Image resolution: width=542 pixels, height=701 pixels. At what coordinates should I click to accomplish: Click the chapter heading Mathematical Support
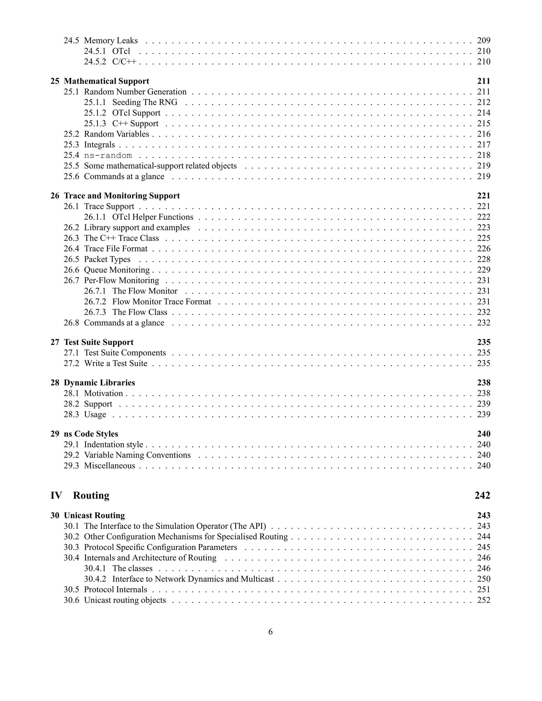(x=106, y=81)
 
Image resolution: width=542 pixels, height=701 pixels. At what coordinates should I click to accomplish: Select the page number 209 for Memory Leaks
(x=484, y=40)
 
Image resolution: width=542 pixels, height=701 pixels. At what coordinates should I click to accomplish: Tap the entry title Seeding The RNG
(x=144, y=102)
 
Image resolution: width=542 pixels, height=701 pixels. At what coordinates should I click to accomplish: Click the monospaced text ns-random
(x=108, y=156)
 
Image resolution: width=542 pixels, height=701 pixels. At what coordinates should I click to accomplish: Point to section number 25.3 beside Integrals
(x=71, y=145)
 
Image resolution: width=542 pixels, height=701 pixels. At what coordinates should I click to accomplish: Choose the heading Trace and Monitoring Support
(x=122, y=196)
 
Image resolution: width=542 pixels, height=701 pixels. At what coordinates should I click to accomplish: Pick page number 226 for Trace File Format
(x=484, y=249)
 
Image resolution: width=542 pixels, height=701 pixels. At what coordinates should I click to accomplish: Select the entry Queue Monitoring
(x=116, y=270)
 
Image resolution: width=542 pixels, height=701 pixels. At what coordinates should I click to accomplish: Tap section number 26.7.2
(x=95, y=302)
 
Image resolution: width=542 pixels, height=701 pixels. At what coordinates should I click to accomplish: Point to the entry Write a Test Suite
(x=116, y=363)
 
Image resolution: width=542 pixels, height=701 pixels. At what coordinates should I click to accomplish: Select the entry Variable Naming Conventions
(x=137, y=455)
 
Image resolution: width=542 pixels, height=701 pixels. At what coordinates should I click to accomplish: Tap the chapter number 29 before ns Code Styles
(x=55, y=434)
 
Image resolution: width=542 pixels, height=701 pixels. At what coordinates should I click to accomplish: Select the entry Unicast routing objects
(x=125, y=600)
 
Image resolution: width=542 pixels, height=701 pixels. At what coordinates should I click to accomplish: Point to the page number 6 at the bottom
(x=270, y=632)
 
